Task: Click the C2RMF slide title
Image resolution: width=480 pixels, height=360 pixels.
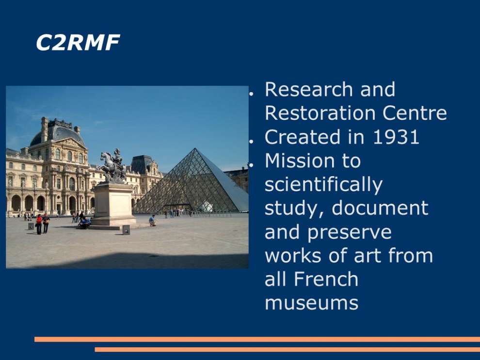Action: coord(78,42)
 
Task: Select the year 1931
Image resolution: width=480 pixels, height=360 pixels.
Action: coord(396,137)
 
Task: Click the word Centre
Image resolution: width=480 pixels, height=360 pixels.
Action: coord(415,113)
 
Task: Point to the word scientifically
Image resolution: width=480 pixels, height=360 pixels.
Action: coord(323,185)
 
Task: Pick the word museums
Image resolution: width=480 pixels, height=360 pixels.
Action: coord(311,303)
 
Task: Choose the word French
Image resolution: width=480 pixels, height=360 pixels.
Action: coord(326,279)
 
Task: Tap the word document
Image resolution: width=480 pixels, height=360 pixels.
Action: coord(380,208)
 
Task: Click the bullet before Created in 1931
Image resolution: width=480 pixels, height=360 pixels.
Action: coord(251,142)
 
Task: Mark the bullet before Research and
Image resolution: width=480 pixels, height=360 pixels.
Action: coord(251,94)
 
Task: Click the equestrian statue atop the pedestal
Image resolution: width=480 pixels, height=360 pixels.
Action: coord(112,166)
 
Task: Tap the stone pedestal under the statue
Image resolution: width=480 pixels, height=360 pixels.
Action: coord(113,205)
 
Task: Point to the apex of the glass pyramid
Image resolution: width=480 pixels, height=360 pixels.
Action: coord(195,148)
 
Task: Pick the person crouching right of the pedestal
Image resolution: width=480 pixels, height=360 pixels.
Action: coord(152,220)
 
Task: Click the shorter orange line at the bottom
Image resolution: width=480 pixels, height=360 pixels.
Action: coord(287,350)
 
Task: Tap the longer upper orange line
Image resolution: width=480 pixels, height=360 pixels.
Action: coord(257,339)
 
